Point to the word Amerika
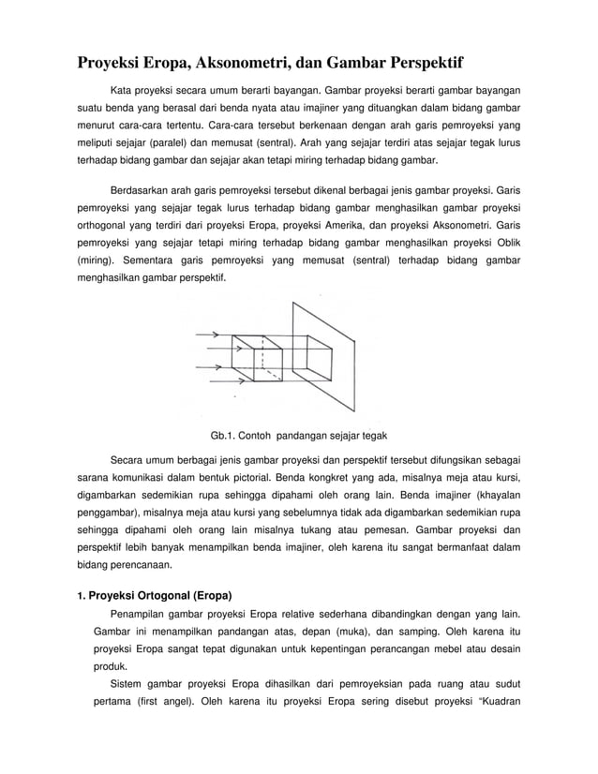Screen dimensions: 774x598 pos(350,228)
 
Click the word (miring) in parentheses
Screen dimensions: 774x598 pos(97,261)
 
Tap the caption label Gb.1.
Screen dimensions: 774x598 pos(225,437)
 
